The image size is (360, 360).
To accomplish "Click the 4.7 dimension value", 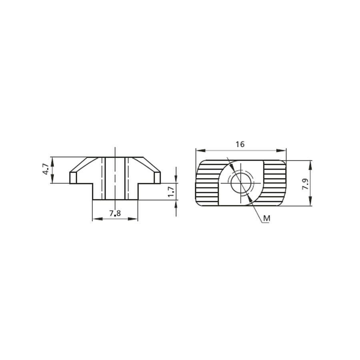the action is pyautogui.click(x=46, y=169).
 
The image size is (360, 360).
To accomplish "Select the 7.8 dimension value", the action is pyautogui.click(x=115, y=214).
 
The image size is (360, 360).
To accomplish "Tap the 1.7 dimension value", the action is pyautogui.click(x=171, y=191).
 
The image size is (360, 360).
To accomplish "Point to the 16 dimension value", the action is pyautogui.click(x=240, y=144).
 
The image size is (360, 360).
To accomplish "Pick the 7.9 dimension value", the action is pyautogui.click(x=305, y=184).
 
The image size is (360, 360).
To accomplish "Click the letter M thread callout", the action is pyautogui.click(x=266, y=218).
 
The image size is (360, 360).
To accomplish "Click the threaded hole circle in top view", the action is pyautogui.click(x=240, y=183).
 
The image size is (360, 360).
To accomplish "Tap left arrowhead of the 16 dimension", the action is pyautogui.click(x=200, y=150).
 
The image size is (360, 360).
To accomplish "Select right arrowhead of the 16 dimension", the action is pyautogui.click(x=282, y=150).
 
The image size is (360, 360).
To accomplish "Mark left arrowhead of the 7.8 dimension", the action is pyautogui.click(x=97, y=219).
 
